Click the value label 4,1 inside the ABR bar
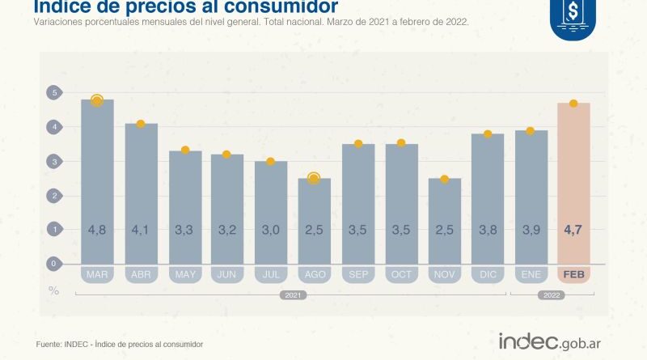click(x=141, y=231)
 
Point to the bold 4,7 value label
click(x=573, y=231)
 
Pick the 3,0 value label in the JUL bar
click(x=270, y=231)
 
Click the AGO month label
click(x=314, y=275)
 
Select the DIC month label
click(x=487, y=275)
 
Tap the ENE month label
click(x=531, y=275)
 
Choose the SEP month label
click(x=357, y=275)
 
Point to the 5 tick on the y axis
click(x=53, y=93)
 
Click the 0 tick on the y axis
click(x=53, y=264)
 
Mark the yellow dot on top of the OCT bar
click(x=400, y=143)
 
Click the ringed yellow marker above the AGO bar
click(x=314, y=178)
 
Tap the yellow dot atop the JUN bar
click(x=227, y=154)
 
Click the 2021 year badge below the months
click(x=293, y=295)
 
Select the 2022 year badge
click(x=552, y=295)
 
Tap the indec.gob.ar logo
click(x=554, y=341)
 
